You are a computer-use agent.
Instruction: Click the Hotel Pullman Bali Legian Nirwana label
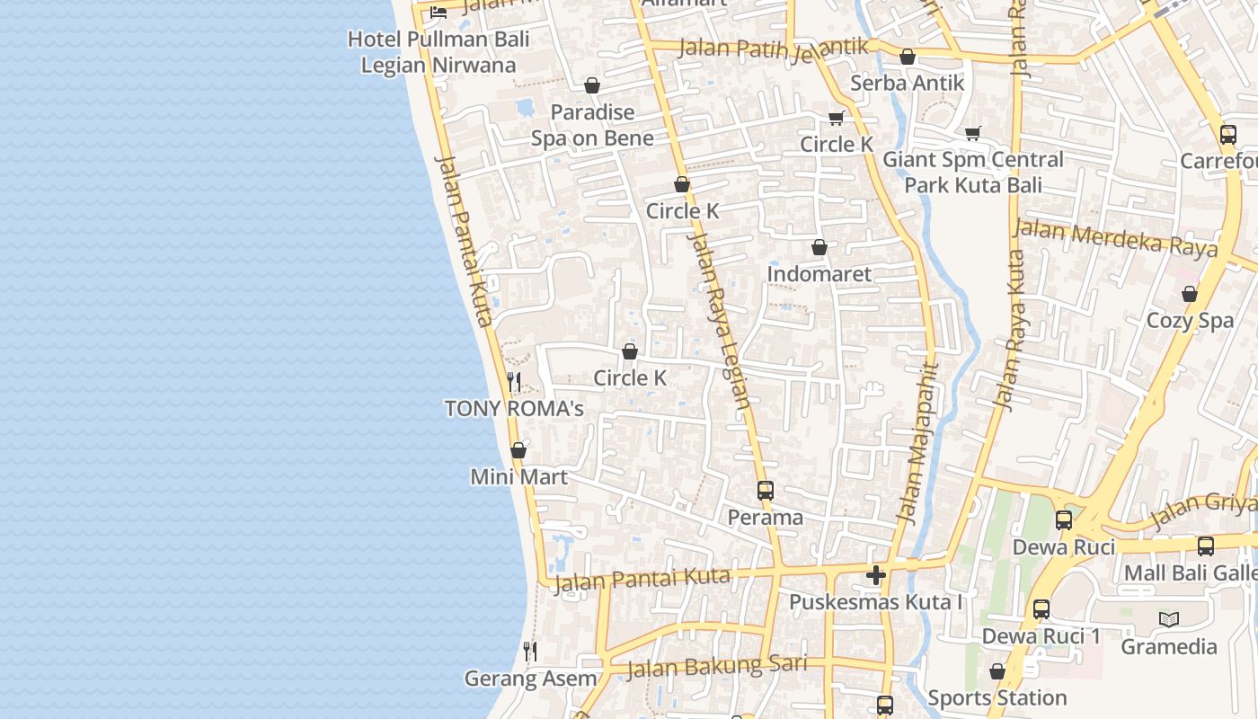[x=439, y=52]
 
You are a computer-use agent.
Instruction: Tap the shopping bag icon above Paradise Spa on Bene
[x=592, y=85]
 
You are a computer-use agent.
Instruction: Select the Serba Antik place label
[x=908, y=83]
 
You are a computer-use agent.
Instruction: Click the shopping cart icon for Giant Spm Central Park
[x=972, y=134]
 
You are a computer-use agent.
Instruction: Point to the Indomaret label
[x=819, y=273]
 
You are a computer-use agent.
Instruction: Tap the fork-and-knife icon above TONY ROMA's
[x=514, y=382]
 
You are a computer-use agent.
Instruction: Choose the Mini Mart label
[x=519, y=476]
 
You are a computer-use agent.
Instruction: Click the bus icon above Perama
[x=766, y=491]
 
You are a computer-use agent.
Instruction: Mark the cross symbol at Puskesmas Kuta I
[x=876, y=575]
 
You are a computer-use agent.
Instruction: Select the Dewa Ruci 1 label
[x=1041, y=636]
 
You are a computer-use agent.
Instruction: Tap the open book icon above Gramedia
[x=1169, y=619]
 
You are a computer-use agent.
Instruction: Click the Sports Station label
[x=997, y=697]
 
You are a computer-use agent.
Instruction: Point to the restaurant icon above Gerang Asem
[x=530, y=651]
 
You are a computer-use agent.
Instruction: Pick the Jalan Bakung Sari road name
[x=716, y=666]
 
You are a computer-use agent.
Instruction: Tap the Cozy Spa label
[x=1190, y=321]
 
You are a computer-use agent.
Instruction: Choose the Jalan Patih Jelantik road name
[x=773, y=47]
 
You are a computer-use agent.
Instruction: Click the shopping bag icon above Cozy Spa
[x=1190, y=294]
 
